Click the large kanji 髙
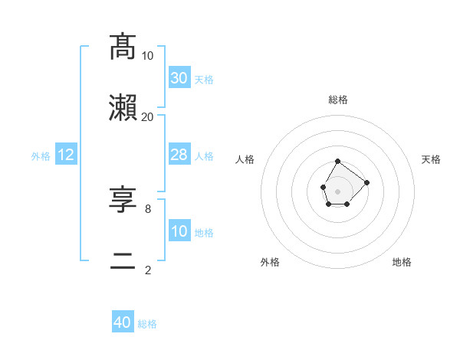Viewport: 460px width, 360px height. click(123, 47)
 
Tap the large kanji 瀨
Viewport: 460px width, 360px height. click(123, 108)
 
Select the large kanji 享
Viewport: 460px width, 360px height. click(123, 200)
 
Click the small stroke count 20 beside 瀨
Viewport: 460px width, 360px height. click(148, 116)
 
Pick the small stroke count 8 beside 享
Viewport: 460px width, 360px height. click(148, 208)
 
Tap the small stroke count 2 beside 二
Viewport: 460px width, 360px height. click(148, 270)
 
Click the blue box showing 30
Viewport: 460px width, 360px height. click(179, 78)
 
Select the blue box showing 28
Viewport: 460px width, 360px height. click(179, 155)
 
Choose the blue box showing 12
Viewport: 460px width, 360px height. click(66, 155)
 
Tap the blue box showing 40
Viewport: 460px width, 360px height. click(123, 322)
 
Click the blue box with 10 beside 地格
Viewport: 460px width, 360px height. click(179, 231)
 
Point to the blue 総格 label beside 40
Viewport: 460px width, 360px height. click(147, 324)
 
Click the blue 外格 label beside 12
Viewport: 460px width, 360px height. click(41, 156)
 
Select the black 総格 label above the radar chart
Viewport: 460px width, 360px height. click(338, 100)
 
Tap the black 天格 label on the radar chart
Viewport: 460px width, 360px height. click(432, 159)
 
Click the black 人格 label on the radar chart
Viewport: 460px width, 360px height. click(245, 159)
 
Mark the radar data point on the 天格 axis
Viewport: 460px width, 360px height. click(367, 182)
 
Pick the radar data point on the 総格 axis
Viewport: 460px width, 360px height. click(338, 161)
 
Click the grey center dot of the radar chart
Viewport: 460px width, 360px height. click(338, 190)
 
